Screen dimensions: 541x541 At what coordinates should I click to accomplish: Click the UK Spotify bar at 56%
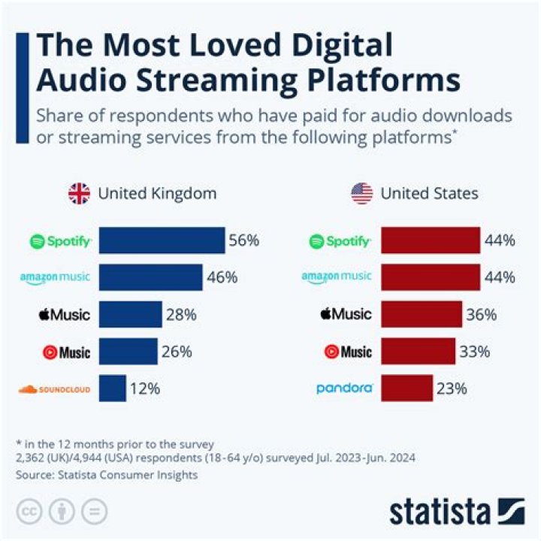point(162,241)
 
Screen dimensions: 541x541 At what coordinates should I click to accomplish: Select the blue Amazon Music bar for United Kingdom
point(151,277)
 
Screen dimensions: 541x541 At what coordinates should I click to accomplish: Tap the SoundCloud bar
point(112,388)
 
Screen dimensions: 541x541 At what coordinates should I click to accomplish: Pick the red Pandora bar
point(407,388)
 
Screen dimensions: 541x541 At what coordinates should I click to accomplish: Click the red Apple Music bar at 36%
point(422,314)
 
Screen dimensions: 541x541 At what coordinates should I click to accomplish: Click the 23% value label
point(452,388)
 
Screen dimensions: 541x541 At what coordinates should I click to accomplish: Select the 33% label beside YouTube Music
point(476,351)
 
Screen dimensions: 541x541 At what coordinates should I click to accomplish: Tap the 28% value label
point(182,314)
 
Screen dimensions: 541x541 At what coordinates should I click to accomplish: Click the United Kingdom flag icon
point(79,194)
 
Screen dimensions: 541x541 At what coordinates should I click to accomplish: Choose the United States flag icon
point(361,194)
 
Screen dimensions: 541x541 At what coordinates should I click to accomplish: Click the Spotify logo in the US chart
point(340,241)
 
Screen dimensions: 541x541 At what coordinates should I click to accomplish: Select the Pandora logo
point(344,388)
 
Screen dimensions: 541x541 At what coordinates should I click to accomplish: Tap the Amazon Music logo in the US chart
point(337,277)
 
